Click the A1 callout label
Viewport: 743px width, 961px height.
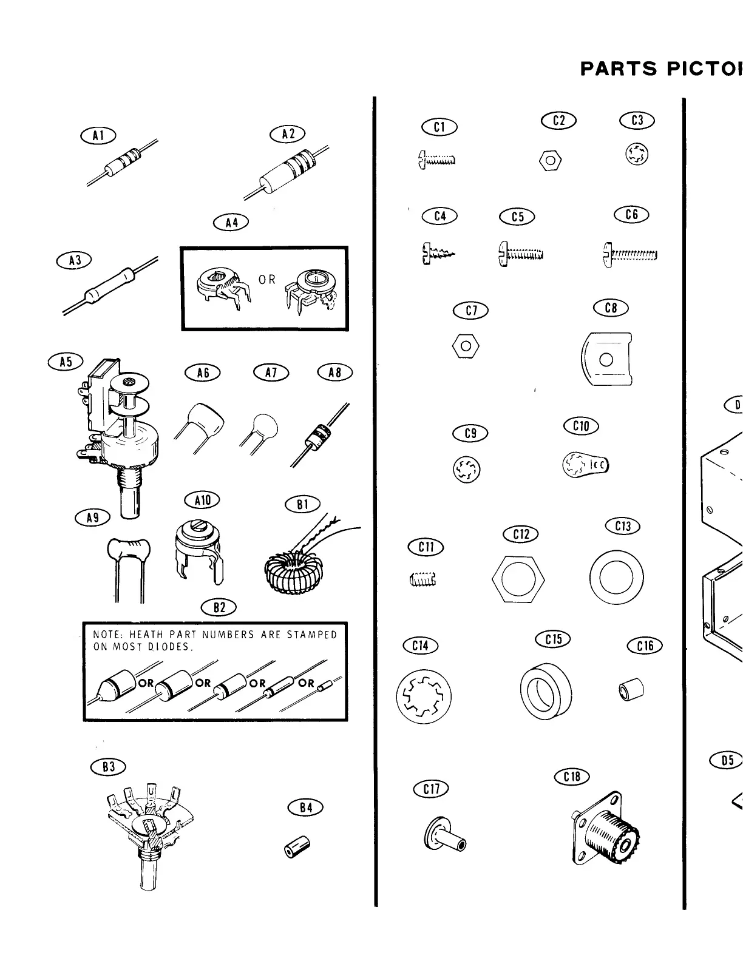click(98, 136)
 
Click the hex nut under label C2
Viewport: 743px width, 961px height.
click(551, 161)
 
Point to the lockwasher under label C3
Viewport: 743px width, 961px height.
click(637, 155)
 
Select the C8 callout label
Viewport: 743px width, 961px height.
click(611, 308)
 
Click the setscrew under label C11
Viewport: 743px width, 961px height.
click(423, 580)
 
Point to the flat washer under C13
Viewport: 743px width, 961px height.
click(617, 577)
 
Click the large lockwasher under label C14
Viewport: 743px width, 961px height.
click(424, 696)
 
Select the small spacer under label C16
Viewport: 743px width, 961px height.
click(632, 689)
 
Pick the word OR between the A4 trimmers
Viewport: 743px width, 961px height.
click(266, 280)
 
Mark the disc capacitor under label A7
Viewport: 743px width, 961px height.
click(262, 427)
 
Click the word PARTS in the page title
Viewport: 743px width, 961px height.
click(619, 69)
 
